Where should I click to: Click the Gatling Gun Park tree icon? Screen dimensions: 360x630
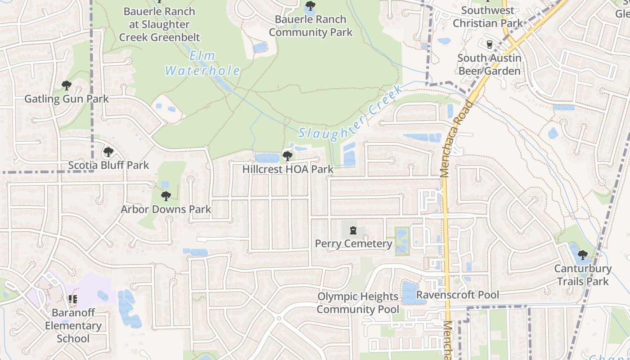tap(67, 85)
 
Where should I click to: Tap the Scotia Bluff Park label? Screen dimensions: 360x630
tap(108, 165)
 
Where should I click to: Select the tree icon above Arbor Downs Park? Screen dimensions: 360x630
tap(166, 196)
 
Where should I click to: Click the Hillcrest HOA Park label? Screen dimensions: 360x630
tap(288, 169)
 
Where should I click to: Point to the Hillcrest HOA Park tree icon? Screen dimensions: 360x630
tap(287, 156)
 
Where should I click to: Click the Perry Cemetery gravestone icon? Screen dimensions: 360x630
tap(353, 231)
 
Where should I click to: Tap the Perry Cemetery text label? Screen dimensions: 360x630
tap(353, 244)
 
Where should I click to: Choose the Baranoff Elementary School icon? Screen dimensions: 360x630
tap(73, 299)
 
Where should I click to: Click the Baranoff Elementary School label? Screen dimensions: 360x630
tap(73, 325)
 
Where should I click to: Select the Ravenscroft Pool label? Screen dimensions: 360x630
tap(458, 295)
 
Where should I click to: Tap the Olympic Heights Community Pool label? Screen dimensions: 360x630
tap(358, 303)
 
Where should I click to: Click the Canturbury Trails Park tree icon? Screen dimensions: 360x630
tap(583, 255)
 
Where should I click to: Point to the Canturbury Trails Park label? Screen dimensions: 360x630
tap(583, 275)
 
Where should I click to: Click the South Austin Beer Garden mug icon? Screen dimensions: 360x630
tap(490, 45)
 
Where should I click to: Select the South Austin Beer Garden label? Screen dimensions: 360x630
tap(490, 64)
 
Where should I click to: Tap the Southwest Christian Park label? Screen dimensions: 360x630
tap(488, 17)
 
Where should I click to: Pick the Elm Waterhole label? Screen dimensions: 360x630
tap(202, 63)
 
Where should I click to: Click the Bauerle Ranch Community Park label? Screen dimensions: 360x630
tap(310, 26)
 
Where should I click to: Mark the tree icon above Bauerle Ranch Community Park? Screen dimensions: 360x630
tap(310, 6)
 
